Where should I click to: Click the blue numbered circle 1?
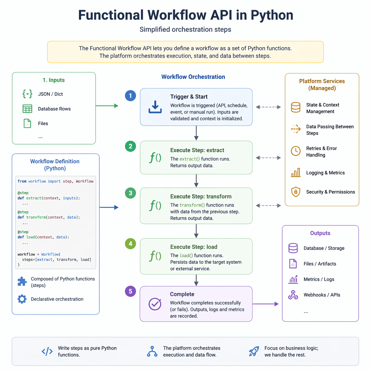point(130,96)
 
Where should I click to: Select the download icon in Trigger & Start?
point(155,107)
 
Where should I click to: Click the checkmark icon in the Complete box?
point(155,304)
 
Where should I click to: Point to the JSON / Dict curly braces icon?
point(27,94)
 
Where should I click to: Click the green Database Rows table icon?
point(27,109)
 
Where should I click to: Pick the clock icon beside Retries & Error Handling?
point(296,151)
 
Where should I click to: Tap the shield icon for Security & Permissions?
point(296,192)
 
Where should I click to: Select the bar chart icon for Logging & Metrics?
point(296,172)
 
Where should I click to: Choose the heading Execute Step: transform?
point(201,196)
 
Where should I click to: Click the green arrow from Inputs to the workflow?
point(107,106)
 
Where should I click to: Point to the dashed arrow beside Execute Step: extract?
point(268,158)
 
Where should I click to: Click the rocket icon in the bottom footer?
point(254,351)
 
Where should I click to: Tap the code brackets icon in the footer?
point(47,351)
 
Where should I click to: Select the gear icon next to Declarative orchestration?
point(22,299)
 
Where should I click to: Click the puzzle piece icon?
point(22,282)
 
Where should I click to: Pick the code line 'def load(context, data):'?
point(43,237)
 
